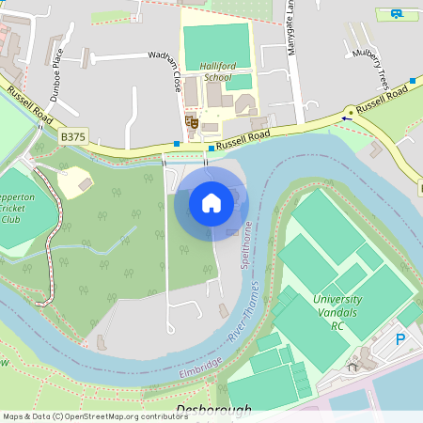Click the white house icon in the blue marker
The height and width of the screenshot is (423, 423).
[x=211, y=202]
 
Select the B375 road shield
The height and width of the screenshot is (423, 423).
[x=72, y=137]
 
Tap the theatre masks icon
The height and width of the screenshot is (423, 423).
[x=191, y=121]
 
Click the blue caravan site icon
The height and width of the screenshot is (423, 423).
[x=398, y=14]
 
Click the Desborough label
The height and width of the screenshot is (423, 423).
[x=213, y=411]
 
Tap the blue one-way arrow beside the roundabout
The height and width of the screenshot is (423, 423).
[x=347, y=119]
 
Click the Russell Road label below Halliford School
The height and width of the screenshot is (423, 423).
[x=243, y=139]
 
